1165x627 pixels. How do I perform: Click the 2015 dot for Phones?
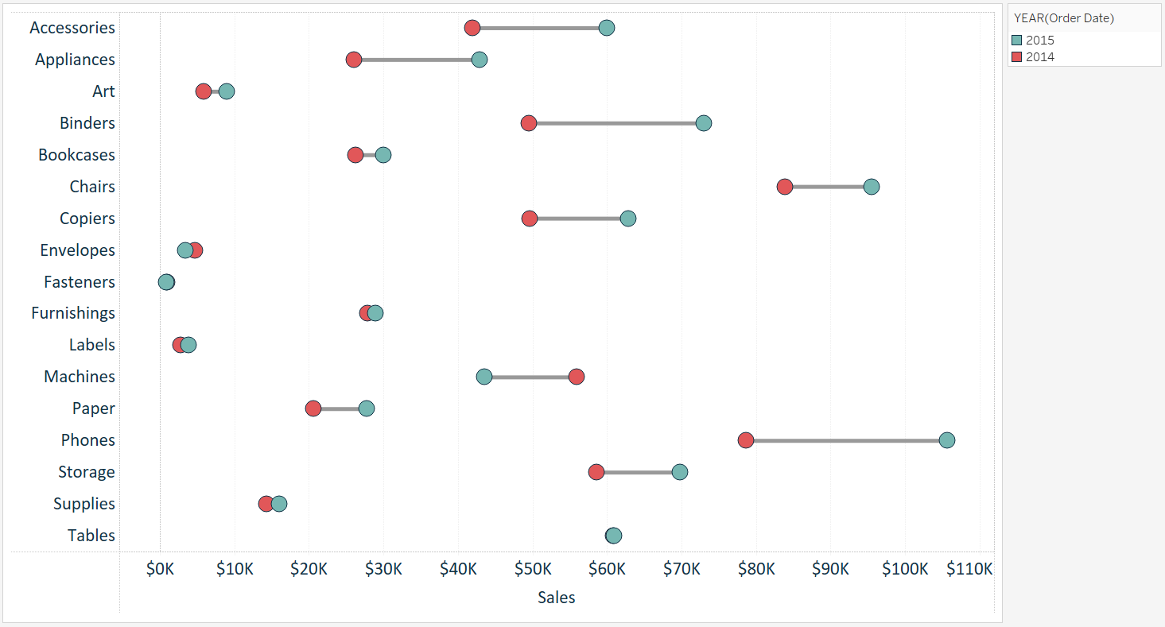pyautogui.click(x=946, y=440)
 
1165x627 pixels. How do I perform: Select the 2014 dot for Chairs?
pyautogui.click(x=785, y=187)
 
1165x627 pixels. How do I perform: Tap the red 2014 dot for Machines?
pyautogui.click(x=577, y=377)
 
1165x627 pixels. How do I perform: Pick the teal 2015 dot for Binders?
pyautogui.click(x=704, y=123)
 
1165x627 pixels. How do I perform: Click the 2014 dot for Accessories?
pyautogui.click(x=472, y=28)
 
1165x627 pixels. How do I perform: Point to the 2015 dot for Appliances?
pyautogui.click(x=480, y=60)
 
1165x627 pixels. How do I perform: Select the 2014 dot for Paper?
pyautogui.click(x=313, y=408)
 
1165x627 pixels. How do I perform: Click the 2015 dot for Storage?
pyautogui.click(x=680, y=472)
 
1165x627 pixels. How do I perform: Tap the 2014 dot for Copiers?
pyautogui.click(x=530, y=219)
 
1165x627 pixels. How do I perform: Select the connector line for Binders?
pyautogui.click(x=616, y=123)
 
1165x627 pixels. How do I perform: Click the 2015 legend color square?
pyautogui.click(x=1016, y=41)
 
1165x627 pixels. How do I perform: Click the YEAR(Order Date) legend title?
pyautogui.click(x=1063, y=18)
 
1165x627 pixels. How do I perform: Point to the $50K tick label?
pyautogui.click(x=533, y=569)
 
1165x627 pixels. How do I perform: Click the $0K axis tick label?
pyautogui.click(x=161, y=569)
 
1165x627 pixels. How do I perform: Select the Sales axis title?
pyautogui.click(x=557, y=598)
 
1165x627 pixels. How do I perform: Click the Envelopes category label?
pyautogui.click(x=78, y=250)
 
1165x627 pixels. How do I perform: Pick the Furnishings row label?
pyautogui.click(x=73, y=313)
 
